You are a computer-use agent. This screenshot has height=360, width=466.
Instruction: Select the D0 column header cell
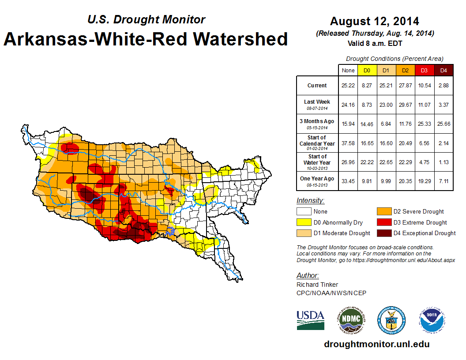(x=367, y=70)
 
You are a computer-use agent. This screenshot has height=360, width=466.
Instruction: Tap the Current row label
(x=317, y=86)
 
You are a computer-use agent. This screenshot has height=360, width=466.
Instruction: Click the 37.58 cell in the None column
(x=348, y=143)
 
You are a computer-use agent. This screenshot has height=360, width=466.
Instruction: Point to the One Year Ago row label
(x=317, y=179)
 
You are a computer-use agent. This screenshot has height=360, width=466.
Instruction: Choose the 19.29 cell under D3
(x=424, y=181)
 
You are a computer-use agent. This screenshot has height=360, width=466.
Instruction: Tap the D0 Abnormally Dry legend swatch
(x=304, y=222)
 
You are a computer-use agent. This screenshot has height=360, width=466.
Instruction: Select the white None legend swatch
(x=304, y=212)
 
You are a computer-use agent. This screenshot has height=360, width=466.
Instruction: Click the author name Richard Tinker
(x=317, y=285)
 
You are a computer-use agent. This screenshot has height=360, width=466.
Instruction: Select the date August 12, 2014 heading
(x=375, y=21)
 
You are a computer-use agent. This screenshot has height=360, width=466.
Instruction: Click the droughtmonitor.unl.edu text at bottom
(x=376, y=344)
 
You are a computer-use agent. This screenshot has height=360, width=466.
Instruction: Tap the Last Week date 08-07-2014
(x=317, y=107)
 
